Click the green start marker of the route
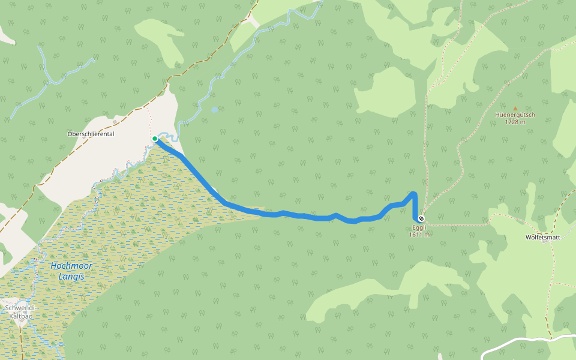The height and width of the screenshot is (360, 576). (155, 139)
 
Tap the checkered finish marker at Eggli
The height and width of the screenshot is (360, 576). (422, 218)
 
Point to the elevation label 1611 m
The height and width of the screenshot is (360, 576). (420, 235)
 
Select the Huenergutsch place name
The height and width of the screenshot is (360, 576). (515, 115)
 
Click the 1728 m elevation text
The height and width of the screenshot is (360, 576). (515, 122)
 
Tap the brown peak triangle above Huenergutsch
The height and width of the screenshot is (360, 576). (515, 108)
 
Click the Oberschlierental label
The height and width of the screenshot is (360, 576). (91, 134)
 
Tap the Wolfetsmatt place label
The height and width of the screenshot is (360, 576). (542, 237)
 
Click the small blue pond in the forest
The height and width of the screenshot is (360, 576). (214, 110)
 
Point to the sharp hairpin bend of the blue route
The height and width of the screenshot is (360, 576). (413, 194)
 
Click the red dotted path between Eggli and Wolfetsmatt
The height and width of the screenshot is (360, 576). (456, 225)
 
